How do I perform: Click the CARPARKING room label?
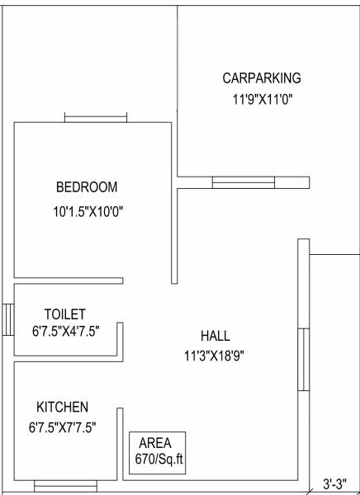tap(262, 78)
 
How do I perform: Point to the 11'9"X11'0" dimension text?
tap(263, 99)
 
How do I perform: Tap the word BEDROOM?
tap(87, 186)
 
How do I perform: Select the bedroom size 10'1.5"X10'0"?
tap(88, 211)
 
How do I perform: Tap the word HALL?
tap(216, 337)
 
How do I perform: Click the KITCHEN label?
tap(62, 408)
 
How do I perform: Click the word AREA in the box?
tap(156, 443)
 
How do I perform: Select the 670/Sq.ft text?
tap(158, 459)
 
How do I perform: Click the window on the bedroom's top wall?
tap(90, 118)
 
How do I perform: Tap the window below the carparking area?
tap(243, 182)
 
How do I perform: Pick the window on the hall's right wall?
tap(304, 359)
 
